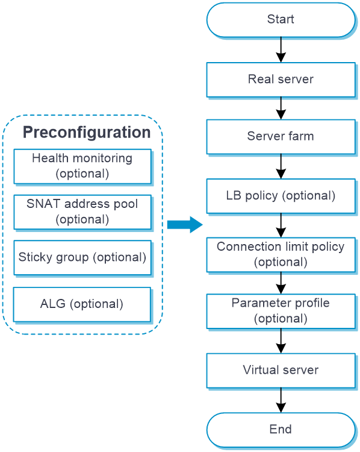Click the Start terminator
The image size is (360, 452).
[x=281, y=20]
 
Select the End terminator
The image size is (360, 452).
[x=281, y=430]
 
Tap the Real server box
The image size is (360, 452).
[x=281, y=80]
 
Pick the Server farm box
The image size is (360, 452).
[x=281, y=137]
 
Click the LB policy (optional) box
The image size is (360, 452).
[x=281, y=196]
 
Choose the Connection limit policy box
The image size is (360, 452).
[x=281, y=255]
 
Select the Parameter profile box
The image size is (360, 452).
[x=281, y=312]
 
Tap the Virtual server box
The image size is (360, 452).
[x=281, y=371]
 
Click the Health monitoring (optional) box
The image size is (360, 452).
[x=82, y=166]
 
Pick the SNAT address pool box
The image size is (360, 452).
[x=82, y=212]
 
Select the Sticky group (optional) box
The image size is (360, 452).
[x=82, y=258]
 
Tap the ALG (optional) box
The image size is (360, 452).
[x=82, y=304]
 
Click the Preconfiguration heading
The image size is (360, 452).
[x=87, y=133]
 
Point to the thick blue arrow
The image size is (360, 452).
[x=185, y=225]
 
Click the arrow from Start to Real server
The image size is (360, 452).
[x=281, y=49]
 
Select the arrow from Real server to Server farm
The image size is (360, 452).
[x=281, y=108]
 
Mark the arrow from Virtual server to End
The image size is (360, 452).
[x=281, y=400]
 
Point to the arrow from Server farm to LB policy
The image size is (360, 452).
[x=281, y=166]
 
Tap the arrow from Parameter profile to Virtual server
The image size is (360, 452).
[x=281, y=341]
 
